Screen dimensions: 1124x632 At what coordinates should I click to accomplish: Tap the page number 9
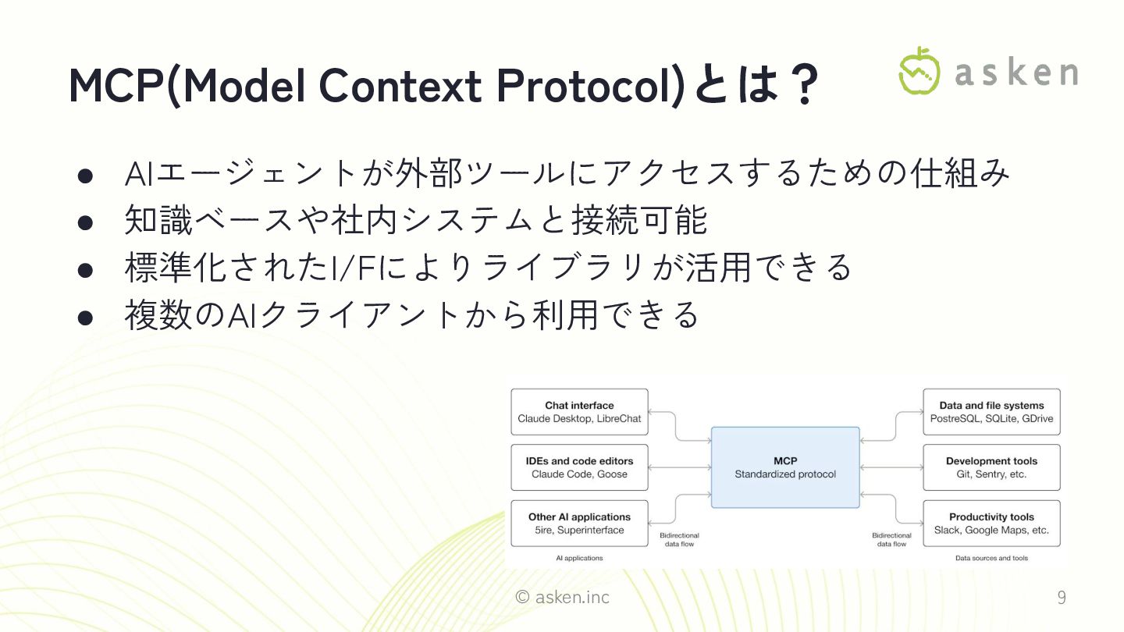(x=1061, y=598)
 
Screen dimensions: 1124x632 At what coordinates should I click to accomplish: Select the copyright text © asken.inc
(x=563, y=598)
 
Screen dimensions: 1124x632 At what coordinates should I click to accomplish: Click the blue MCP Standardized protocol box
(x=784, y=467)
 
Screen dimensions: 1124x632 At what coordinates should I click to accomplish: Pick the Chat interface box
(x=579, y=412)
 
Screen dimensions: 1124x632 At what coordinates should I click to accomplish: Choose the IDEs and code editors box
(x=579, y=467)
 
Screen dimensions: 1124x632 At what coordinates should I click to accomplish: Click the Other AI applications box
(x=579, y=524)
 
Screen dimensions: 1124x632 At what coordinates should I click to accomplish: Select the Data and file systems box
(x=991, y=412)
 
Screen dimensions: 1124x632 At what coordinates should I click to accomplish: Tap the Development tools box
(x=991, y=467)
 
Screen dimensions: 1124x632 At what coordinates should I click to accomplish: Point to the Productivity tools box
(x=991, y=524)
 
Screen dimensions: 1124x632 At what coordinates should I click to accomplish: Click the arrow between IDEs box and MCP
(x=679, y=467)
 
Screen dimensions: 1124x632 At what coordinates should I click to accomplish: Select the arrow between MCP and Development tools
(x=891, y=467)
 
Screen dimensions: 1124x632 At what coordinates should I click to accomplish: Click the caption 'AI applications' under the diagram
(x=579, y=559)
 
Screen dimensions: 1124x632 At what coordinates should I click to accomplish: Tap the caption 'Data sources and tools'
(x=991, y=559)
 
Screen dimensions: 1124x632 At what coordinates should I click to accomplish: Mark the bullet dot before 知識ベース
(x=86, y=222)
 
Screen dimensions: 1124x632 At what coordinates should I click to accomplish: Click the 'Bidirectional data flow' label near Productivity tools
(x=891, y=540)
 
